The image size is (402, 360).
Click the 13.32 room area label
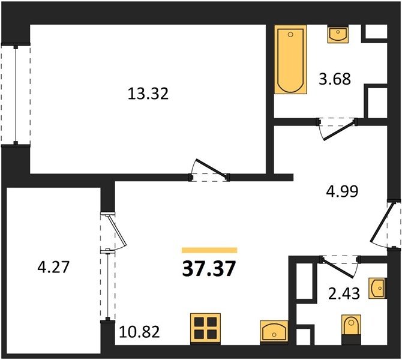(x=148, y=94)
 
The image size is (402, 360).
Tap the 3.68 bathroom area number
(x=335, y=79)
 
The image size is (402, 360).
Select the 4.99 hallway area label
(x=342, y=191)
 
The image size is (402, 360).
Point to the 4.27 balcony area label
(x=53, y=267)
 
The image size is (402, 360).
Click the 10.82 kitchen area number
(x=139, y=332)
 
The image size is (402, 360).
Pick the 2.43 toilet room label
(x=344, y=294)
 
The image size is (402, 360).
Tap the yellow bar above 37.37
(x=209, y=250)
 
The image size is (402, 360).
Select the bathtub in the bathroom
(x=290, y=59)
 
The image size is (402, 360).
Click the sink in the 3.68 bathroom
(x=338, y=34)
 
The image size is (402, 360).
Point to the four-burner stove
(x=205, y=329)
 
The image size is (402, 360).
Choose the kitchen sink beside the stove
(x=274, y=332)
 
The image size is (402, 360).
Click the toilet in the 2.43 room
(x=351, y=330)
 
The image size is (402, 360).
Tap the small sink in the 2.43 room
(x=377, y=288)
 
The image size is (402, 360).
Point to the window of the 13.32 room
(x=16, y=95)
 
